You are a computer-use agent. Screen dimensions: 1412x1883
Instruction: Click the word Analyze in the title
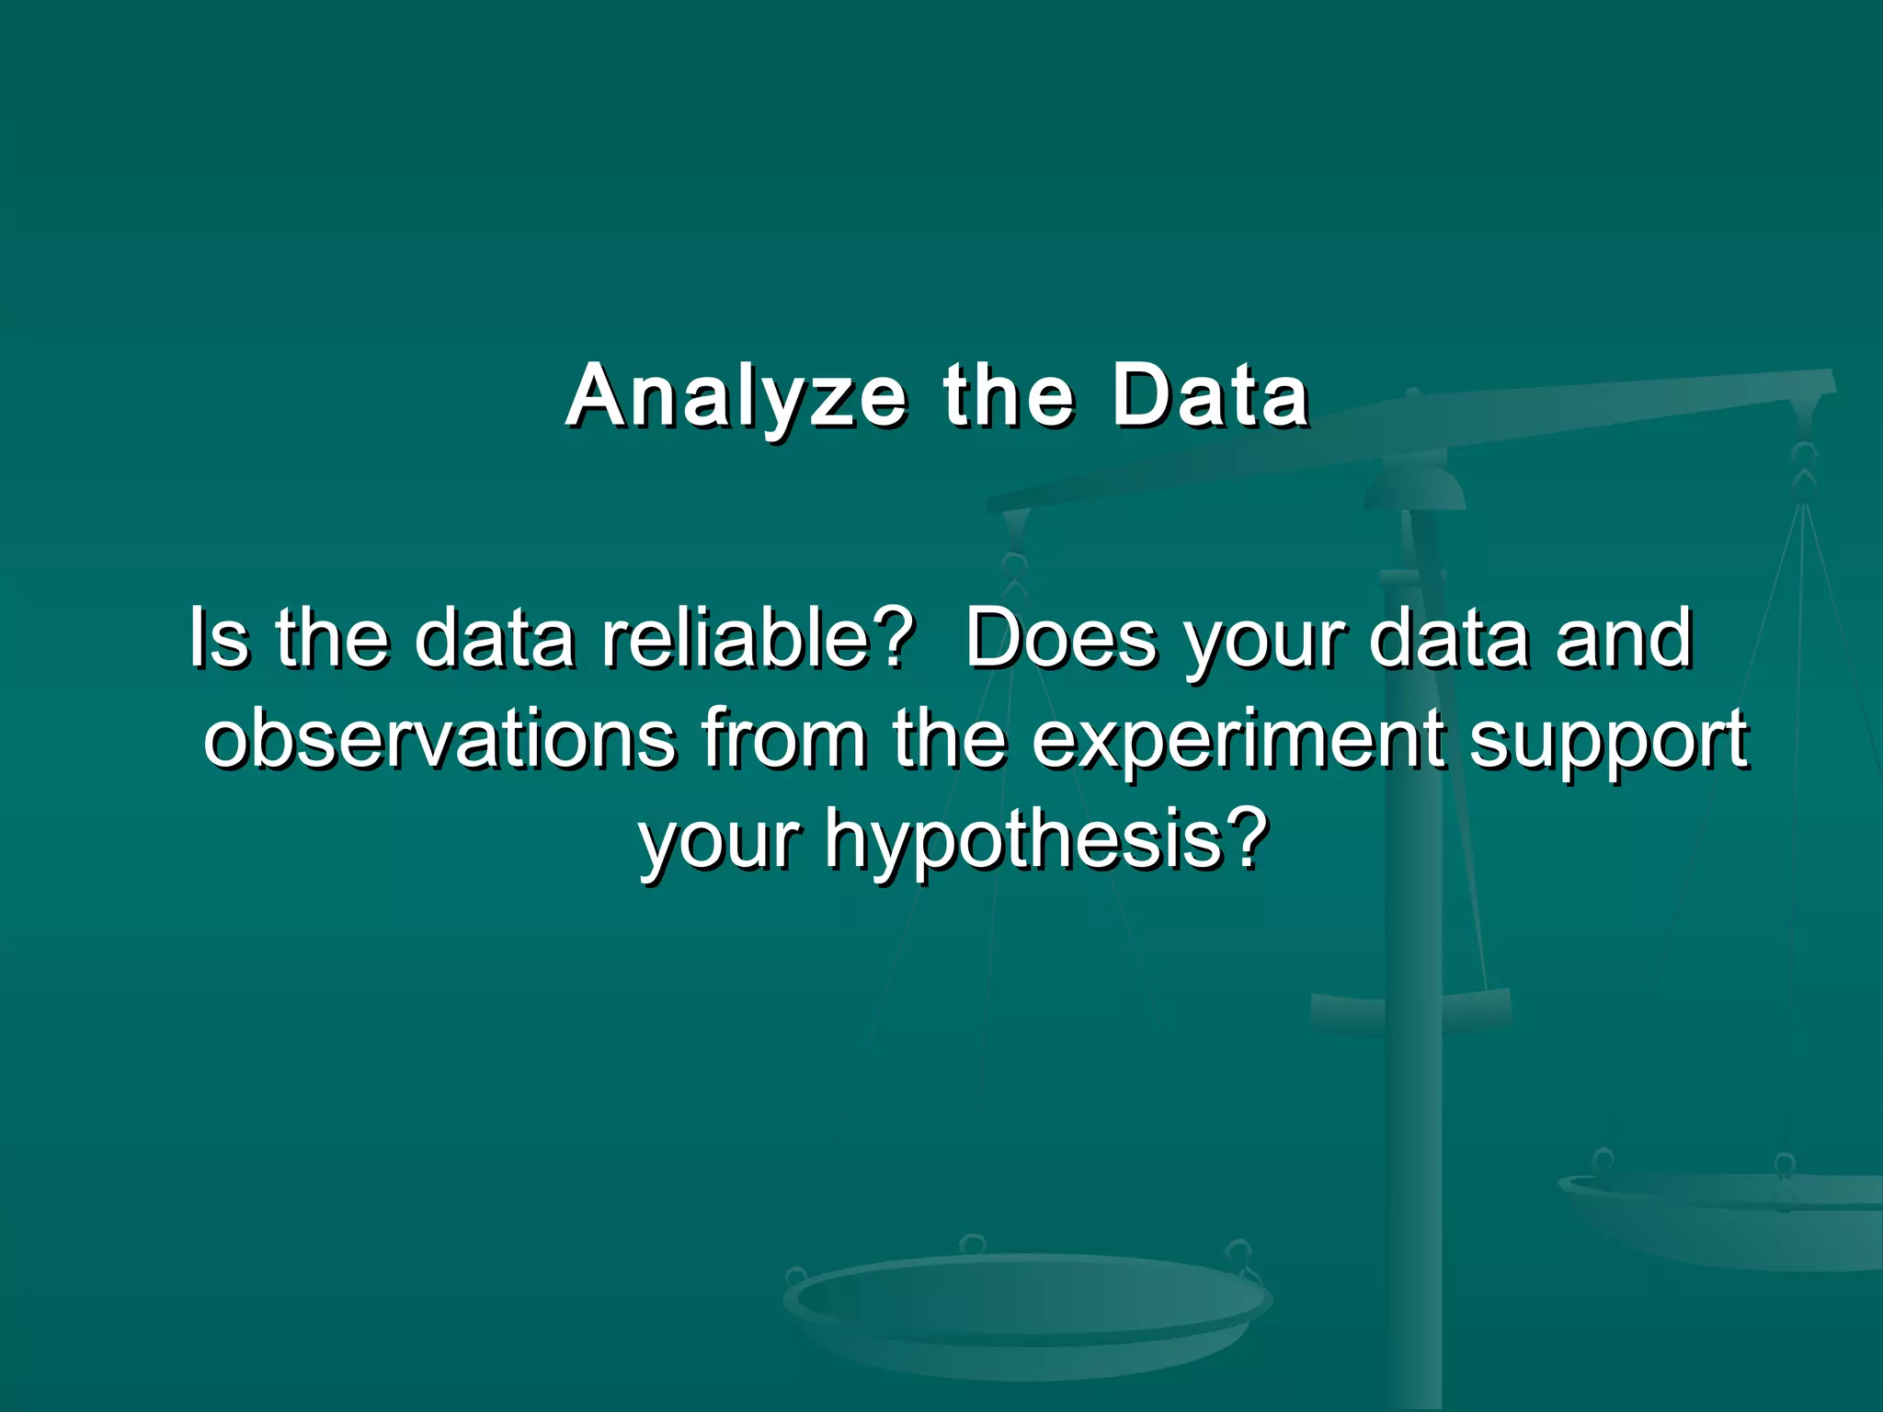point(736,397)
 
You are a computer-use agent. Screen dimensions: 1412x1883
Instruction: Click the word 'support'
point(1608,741)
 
